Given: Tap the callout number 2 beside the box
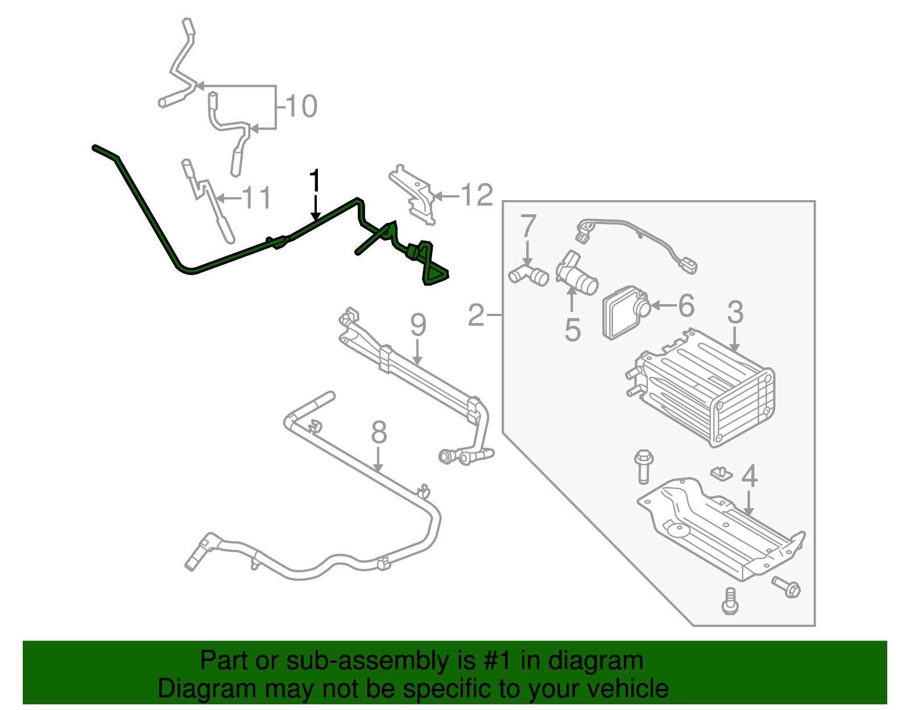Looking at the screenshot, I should tap(476, 314).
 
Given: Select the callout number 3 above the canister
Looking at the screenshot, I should tap(735, 312).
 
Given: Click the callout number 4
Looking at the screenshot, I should tap(750, 476).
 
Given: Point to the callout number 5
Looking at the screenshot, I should tap(572, 330).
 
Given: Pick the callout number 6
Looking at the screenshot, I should tap(686, 306).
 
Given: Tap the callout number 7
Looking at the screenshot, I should tap(528, 226).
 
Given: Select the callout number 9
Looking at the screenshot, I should tap(418, 325).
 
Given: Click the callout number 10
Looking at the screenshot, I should tap(301, 106).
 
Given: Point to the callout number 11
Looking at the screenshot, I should tap(257, 198).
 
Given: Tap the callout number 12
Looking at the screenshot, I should tap(476, 196).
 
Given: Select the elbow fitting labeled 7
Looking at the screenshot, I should tap(528, 275).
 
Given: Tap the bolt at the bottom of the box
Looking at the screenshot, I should tap(730, 601).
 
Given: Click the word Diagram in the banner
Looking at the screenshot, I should tap(191, 689).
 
